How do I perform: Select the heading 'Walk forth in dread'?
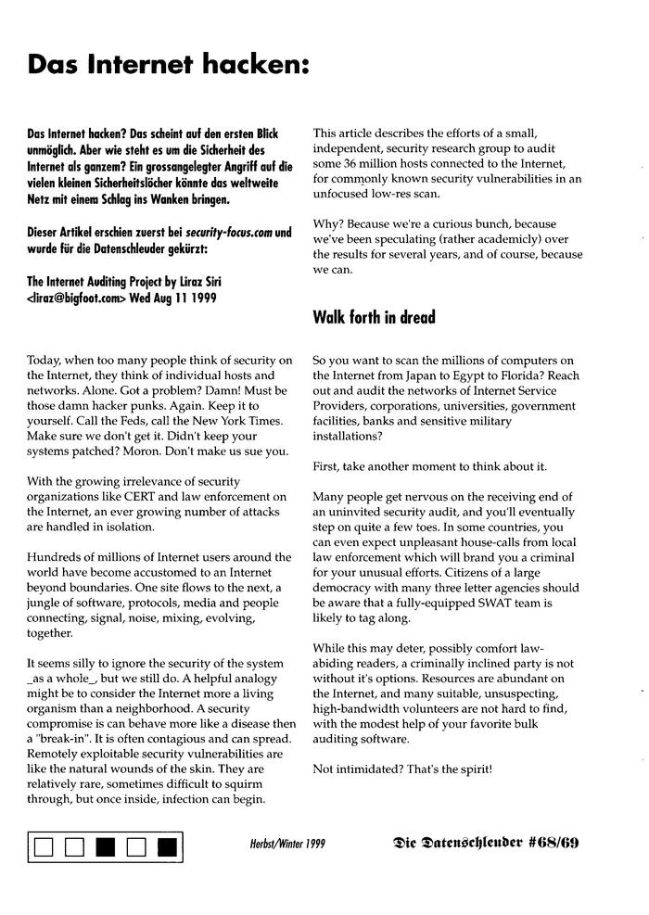click(373, 317)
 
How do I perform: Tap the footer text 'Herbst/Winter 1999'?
click(287, 844)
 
